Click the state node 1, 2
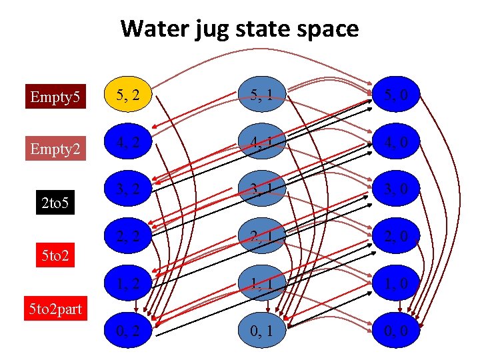tap(127, 283)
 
